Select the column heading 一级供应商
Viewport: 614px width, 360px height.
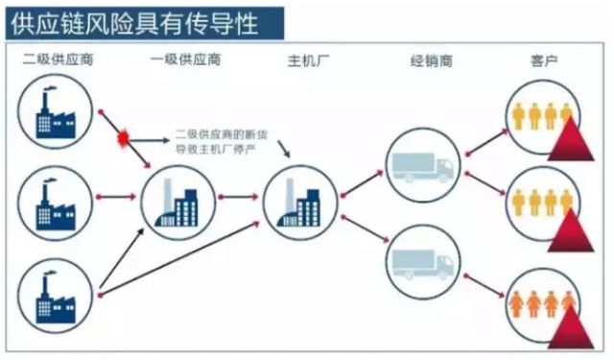[x=185, y=61]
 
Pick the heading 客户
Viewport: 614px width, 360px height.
[x=544, y=61]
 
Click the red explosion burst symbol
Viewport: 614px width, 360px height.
[x=123, y=139]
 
